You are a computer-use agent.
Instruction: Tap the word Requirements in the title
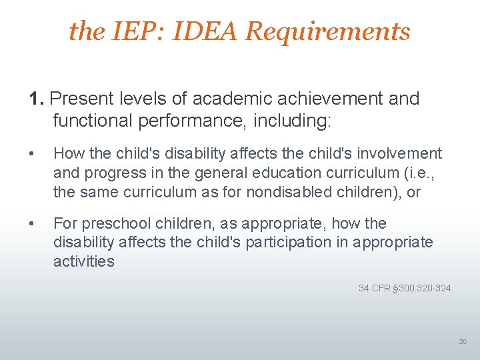tap(328, 31)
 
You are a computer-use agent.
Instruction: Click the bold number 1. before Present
tap(37, 99)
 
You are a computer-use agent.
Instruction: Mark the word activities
tap(84, 261)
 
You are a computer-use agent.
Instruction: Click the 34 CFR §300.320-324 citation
tap(405, 288)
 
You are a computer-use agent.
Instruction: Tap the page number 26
tap(463, 341)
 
